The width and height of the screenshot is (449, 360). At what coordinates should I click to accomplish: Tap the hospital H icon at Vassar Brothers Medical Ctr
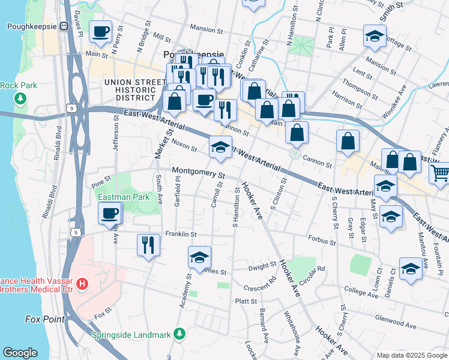click(x=83, y=283)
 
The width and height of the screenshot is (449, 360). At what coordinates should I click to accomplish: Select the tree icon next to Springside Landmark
click(x=178, y=333)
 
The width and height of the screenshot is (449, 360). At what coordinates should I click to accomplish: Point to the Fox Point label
click(x=44, y=319)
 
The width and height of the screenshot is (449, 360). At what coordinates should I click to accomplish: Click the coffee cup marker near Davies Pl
click(x=100, y=31)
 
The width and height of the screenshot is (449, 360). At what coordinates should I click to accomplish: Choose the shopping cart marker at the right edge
click(x=440, y=173)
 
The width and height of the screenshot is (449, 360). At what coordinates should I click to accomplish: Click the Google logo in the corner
click(x=20, y=353)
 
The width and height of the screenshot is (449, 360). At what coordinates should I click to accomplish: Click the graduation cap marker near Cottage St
click(x=374, y=37)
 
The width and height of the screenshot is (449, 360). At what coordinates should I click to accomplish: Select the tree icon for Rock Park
click(x=21, y=97)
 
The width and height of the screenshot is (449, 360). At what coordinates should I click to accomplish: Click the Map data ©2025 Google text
click(x=412, y=355)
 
